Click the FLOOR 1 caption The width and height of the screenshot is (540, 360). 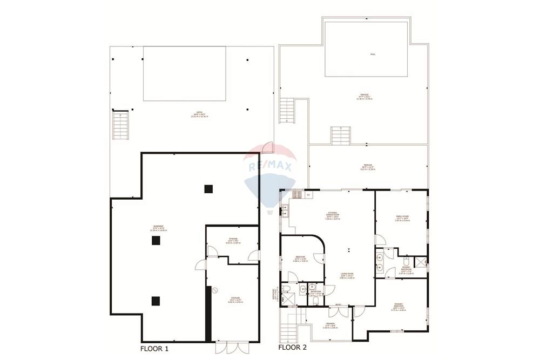[154, 349]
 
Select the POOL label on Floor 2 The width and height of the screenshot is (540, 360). [373, 55]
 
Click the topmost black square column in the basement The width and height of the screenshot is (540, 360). [208, 188]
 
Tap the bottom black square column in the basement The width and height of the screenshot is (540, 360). [156, 301]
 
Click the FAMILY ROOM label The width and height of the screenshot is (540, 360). [402, 218]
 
